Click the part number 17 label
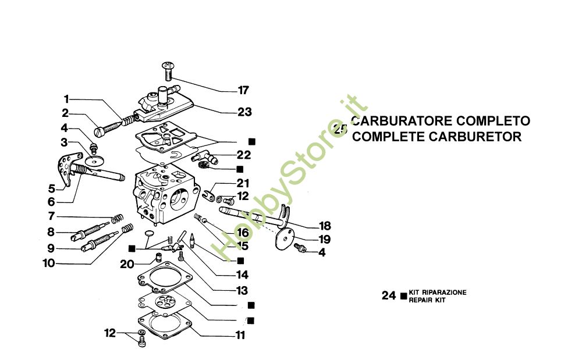pos(243,90)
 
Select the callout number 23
pos(244,112)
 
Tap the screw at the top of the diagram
pos(168,71)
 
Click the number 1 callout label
pos(66,99)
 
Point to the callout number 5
pos(52,188)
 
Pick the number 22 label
pos(244,155)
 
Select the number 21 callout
pos(243,183)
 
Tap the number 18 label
pos(325,226)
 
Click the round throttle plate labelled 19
pos(285,238)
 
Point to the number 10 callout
pos(49,263)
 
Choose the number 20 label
pos(127,265)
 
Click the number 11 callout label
pos(240,335)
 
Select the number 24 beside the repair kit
pos(389,295)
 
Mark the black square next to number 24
pos(403,296)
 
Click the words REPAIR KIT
pos(427,300)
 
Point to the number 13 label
pos(242,290)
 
